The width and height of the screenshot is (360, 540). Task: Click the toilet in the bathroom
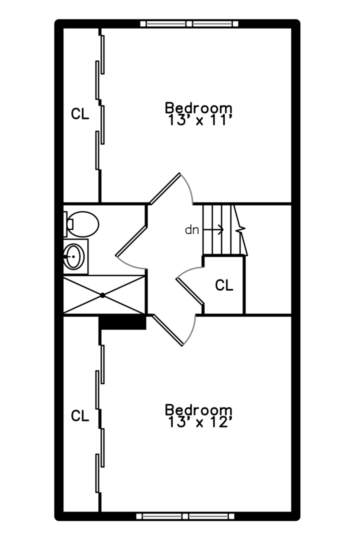pos(81,224)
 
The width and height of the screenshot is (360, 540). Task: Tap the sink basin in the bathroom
pos(73,256)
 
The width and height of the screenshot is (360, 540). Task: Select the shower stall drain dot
pos(102,295)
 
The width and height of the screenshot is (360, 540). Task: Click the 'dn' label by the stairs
pos(192,229)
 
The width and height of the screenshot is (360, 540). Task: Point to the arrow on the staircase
pos(213,229)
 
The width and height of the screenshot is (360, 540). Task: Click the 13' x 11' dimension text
pos(199,120)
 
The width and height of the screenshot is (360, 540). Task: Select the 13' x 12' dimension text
pos(199,422)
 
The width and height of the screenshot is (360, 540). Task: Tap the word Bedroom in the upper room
pos(198,108)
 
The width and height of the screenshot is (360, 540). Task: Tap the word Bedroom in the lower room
pos(198,410)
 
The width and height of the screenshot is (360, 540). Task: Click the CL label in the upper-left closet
pos(80,113)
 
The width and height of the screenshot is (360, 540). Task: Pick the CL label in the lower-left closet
pos(80,415)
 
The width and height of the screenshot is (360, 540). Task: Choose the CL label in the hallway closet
pos(224,285)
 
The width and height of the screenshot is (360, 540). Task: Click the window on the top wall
pos(189,24)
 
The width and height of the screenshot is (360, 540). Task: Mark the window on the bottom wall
pos(185,516)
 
